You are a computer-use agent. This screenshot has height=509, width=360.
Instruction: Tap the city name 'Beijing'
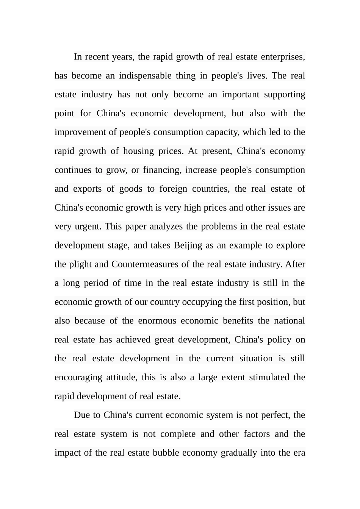coord(188,245)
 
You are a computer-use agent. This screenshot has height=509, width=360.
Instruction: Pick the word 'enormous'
coord(157,321)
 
